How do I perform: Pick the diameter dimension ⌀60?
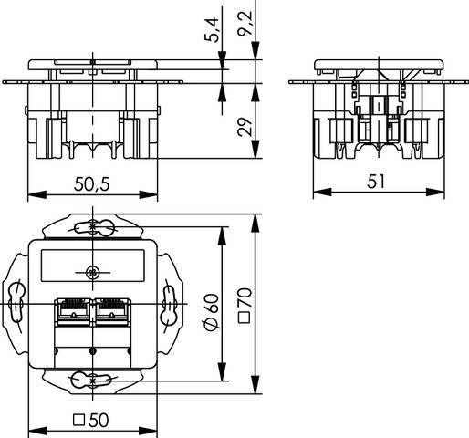tap(210, 313)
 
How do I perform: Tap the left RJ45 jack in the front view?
tap(71, 312)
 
